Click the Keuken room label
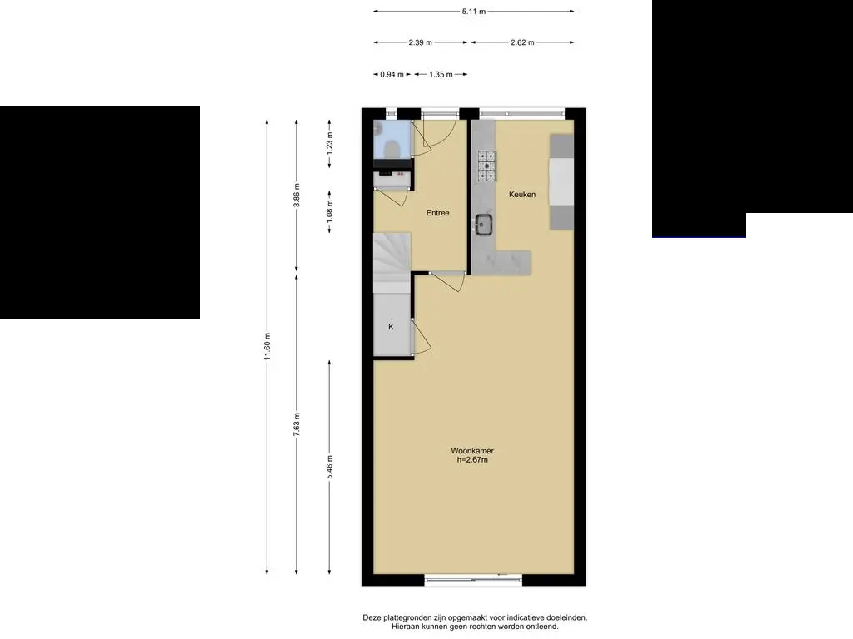point(522,195)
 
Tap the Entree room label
point(438,213)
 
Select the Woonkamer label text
point(472,450)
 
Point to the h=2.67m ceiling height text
point(472,459)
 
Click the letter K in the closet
point(391,326)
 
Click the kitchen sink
point(483,225)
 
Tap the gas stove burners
point(486,166)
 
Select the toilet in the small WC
point(392,146)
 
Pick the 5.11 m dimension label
point(474,11)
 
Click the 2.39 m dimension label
point(421,42)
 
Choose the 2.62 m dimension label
point(523,42)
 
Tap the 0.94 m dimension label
point(392,74)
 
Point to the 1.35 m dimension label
point(441,74)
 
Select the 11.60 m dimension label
point(267,347)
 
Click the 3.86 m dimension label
point(297,195)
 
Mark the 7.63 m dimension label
point(297,424)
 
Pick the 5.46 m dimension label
point(330,468)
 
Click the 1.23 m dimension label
point(330,144)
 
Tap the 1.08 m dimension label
point(330,211)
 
